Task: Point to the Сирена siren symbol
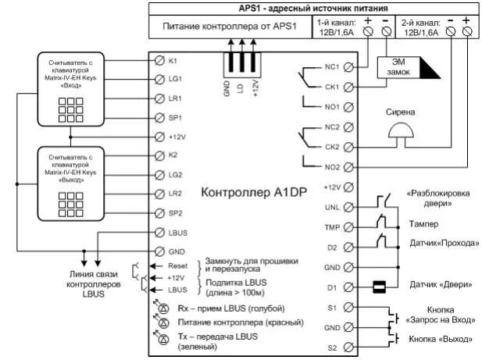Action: click(x=400, y=134)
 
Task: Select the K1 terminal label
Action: click(x=174, y=60)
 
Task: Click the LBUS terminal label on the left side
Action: click(x=177, y=233)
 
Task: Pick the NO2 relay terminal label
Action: click(x=331, y=165)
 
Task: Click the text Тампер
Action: click(x=422, y=223)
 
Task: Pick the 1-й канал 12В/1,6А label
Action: click(x=335, y=30)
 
